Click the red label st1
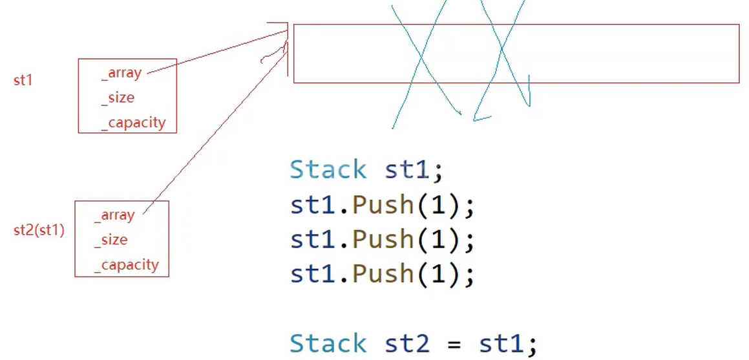coord(23,81)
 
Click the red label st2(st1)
coord(39,229)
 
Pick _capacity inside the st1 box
coord(133,122)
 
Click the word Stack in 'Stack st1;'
coord(328,170)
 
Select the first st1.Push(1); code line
coord(382,205)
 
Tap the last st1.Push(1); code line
coord(382,273)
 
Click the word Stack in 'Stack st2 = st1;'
coord(328,343)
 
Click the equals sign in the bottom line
coord(454,344)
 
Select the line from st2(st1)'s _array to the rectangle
coord(213,129)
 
